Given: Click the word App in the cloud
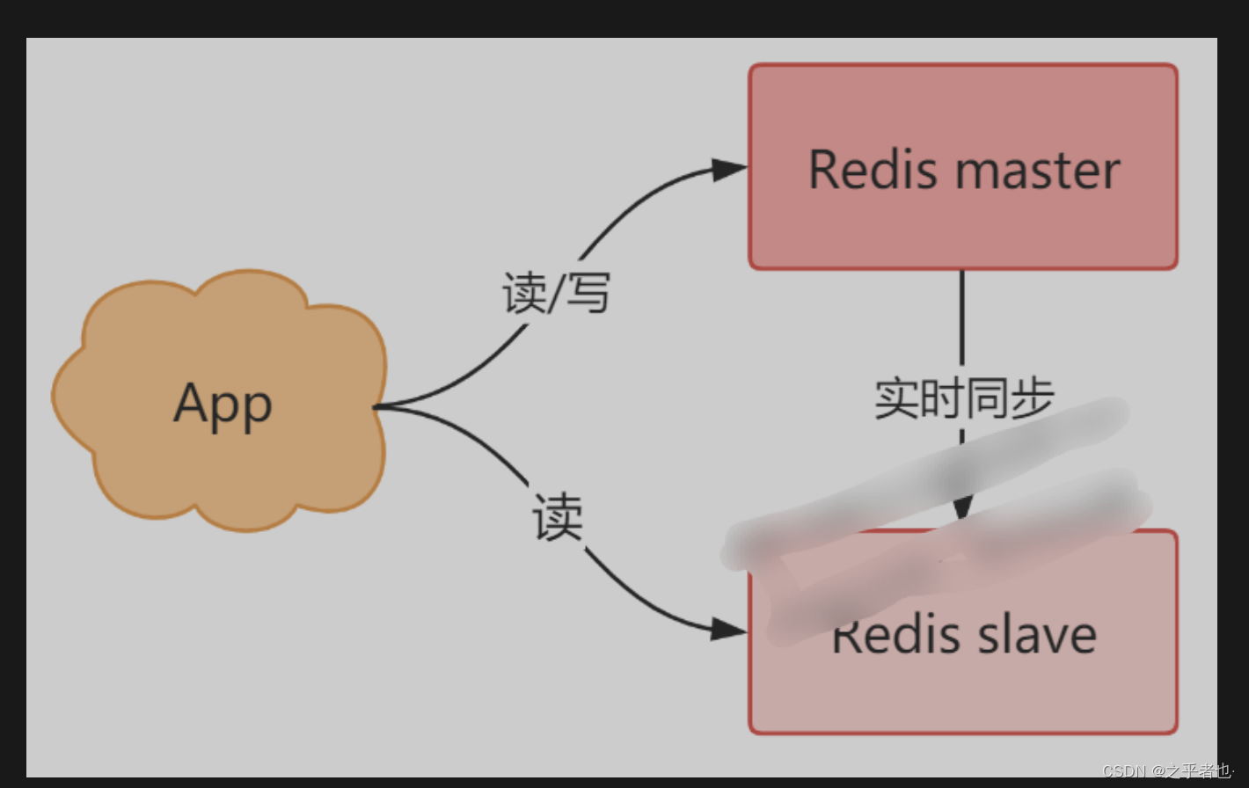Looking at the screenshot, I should coord(223,405).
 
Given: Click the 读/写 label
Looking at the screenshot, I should coord(556,293).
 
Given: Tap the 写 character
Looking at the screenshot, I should coord(588,293).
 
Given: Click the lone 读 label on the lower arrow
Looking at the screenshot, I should coord(558,517).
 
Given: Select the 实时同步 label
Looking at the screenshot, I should coord(964,398).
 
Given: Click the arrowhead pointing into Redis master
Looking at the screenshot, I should coord(729,170).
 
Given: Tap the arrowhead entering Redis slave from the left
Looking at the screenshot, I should coord(729,629).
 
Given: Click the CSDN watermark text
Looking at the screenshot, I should coord(1123,771).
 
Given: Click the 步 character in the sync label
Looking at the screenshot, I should coord(1032,398).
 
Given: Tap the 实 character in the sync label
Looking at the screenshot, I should coord(896,398).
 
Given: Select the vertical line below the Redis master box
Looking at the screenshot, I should coord(962,317).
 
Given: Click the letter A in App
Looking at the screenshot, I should coord(190,403).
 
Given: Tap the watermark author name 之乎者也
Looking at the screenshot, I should coord(1199,771).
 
